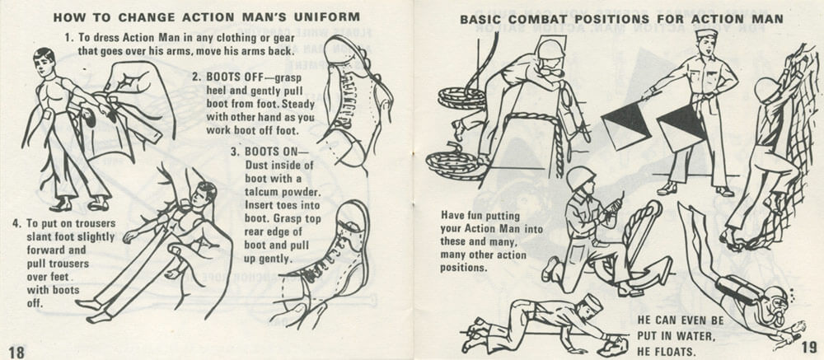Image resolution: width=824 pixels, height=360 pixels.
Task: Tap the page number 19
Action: click(x=807, y=347)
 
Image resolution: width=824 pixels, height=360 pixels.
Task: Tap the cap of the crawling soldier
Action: click(x=592, y=302)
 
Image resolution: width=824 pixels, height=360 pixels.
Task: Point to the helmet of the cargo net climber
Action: click(x=768, y=88)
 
